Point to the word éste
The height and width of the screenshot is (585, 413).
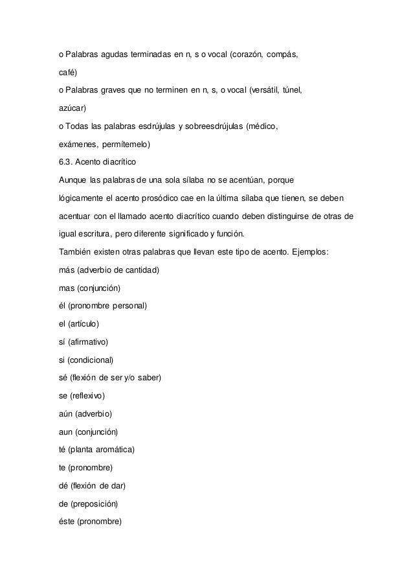tap(67, 522)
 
